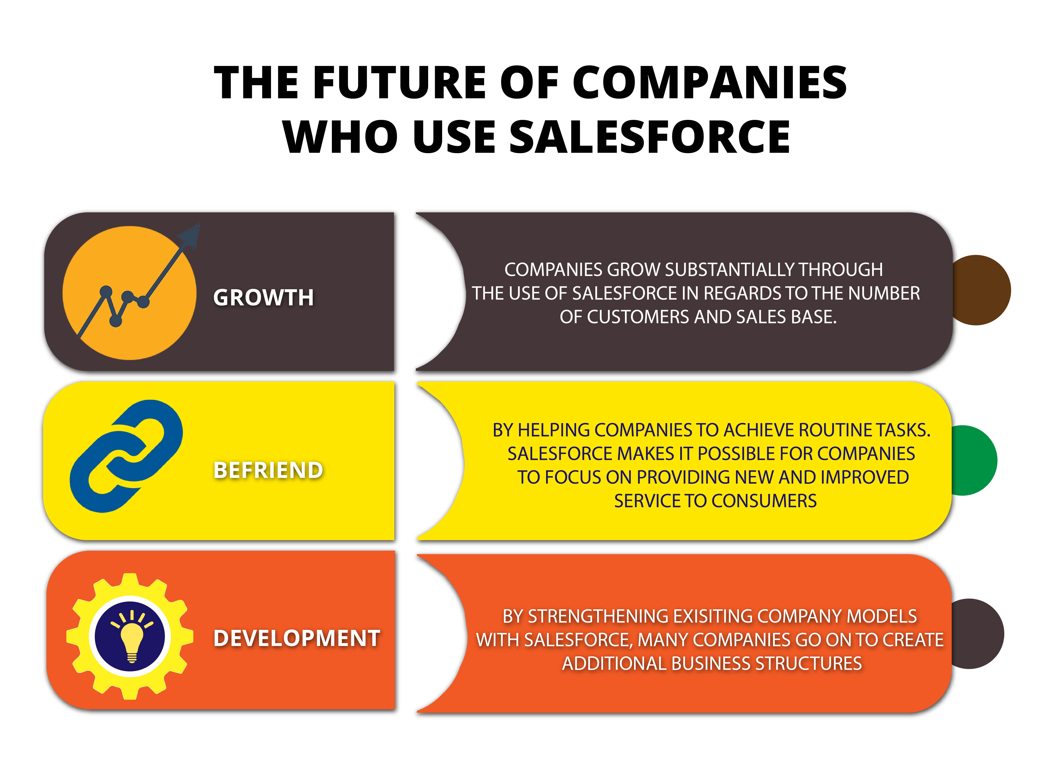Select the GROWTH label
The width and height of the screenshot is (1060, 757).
tap(264, 297)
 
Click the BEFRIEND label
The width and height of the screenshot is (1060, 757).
tap(268, 470)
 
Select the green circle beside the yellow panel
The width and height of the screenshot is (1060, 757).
tap(975, 460)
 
